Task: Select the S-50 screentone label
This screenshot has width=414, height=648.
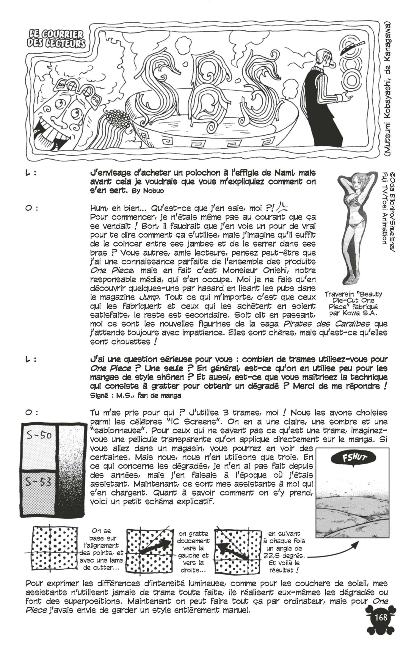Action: [x=39, y=435]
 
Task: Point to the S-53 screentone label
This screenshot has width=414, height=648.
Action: [x=38, y=482]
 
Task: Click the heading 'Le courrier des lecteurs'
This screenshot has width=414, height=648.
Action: [x=56, y=39]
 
